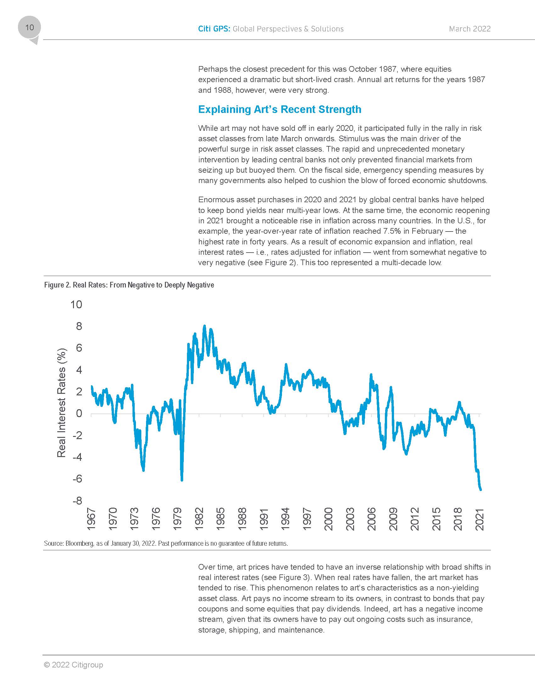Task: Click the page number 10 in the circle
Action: pyautogui.click(x=29, y=28)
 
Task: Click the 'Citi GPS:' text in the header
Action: pyautogui.click(x=214, y=29)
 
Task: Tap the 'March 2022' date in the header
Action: pyautogui.click(x=470, y=29)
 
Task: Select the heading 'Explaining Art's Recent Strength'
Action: pyautogui.click(x=279, y=109)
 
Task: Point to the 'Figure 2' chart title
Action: pyautogui.click(x=129, y=285)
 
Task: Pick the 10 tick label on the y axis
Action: pyautogui.click(x=76, y=304)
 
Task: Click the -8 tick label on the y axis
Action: pyautogui.click(x=77, y=501)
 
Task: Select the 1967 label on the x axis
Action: pyautogui.click(x=91, y=519)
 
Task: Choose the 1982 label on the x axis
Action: pyautogui.click(x=199, y=519)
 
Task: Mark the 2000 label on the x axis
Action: pyautogui.click(x=329, y=519)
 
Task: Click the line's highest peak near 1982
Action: pyautogui.click(x=205, y=326)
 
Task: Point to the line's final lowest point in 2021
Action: pyautogui.click(x=481, y=489)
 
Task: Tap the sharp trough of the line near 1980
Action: pyautogui.click(x=182, y=480)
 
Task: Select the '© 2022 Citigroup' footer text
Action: pyautogui.click(x=74, y=664)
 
